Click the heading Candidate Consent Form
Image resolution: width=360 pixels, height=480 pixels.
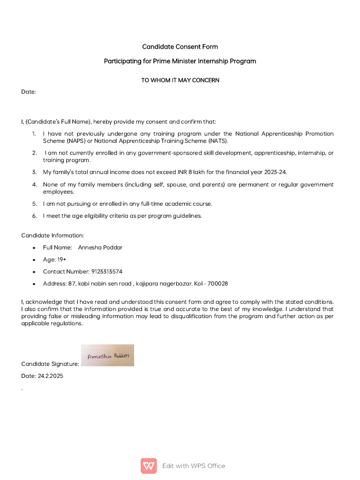pos(180,47)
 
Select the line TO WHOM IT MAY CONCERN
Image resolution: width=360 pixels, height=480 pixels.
pos(180,80)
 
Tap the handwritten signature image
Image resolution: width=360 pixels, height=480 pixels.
pos(107,355)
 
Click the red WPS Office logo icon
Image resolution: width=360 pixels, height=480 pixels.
pos(149,465)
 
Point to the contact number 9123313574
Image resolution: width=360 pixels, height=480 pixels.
pos(106,271)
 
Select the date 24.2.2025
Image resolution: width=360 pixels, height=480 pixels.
pos(50,376)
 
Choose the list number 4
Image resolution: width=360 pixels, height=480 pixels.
pos(34,184)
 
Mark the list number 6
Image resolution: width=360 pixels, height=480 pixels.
pos(34,216)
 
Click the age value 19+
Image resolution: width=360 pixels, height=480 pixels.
pos(62,259)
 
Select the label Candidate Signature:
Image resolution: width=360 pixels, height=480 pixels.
pos(50,364)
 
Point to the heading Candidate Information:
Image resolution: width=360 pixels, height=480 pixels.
pos(52,235)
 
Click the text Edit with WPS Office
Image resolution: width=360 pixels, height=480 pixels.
pos(194,465)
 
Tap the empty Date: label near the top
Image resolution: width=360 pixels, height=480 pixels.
pos(29,92)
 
